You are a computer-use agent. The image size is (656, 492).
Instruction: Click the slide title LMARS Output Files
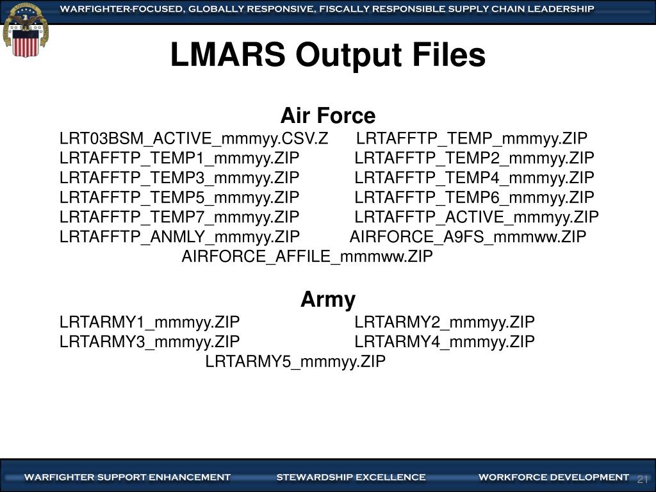pyautogui.click(x=327, y=56)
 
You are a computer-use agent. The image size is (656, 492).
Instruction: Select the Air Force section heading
pyautogui.click(x=327, y=116)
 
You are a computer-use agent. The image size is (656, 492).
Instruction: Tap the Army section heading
pyautogui.click(x=327, y=299)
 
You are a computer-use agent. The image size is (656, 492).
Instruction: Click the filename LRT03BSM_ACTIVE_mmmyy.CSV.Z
pyautogui.click(x=193, y=139)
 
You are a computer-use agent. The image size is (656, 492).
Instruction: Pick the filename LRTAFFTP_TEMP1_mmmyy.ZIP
pyautogui.click(x=179, y=158)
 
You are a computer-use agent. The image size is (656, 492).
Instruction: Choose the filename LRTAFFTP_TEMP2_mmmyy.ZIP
pyautogui.click(x=474, y=158)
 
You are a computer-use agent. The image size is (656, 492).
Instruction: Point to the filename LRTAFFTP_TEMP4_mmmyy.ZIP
pyautogui.click(x=474, y=177)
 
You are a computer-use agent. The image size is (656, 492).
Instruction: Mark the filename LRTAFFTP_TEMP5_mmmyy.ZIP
pyautogui.click(x=179, y=197)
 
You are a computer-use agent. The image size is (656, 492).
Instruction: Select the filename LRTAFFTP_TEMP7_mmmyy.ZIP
pyautogui.click(x=179, y=217)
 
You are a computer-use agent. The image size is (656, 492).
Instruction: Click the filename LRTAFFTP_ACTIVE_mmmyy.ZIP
pyautogui.click(x=477, y=217)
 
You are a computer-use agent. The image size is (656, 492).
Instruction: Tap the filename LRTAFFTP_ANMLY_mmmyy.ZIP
pyautogui.click(x=179, y=237)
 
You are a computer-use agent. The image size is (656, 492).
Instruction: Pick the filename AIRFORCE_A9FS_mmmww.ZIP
pyautogui.click(x=468, y=237)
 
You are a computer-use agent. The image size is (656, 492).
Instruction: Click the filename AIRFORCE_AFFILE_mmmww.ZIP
pyautogui.click(x=307, y=257)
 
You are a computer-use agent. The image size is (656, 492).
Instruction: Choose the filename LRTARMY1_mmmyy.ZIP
pyautogui.click(x=149, y=322)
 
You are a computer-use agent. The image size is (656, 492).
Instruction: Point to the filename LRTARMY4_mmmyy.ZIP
pyautogui.click(x=444, y=341)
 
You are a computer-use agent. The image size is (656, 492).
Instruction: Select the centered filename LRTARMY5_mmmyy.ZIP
pyautogui.click(x=295, y=361)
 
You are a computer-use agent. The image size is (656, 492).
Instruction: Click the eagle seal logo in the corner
pyautogui.click(x=25, y=29)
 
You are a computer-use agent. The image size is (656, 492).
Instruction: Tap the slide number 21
pyautogui.click(x=643, y=480)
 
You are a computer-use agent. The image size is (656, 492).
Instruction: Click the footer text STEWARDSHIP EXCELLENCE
pyautogui.click(x=350, y=477)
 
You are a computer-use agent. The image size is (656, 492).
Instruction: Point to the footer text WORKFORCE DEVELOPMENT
pyautogui.click(x=553, y=477)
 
